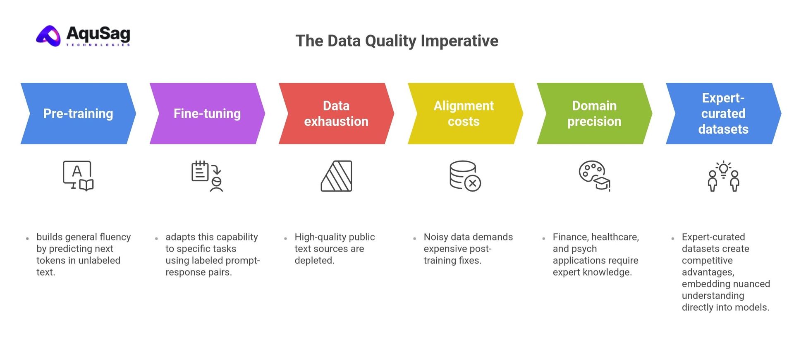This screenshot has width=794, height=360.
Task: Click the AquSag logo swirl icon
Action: (x=49, y=36)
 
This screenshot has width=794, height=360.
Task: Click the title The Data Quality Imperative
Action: (x=397, y=41)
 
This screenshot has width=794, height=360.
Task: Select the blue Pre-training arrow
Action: (x=78, y=113)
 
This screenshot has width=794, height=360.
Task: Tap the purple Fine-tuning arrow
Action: (x=207, y=113)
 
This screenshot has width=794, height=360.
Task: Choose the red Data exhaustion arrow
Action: (x=336, y=113)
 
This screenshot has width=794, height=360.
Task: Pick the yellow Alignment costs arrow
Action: (x=464, y=113)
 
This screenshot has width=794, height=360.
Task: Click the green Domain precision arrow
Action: (x=594, y=113)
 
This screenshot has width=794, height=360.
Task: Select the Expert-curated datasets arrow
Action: (x=723, y=113)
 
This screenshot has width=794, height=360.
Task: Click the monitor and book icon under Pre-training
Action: (x=78, y=176)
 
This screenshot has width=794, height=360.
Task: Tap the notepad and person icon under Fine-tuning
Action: (x=207, y=176)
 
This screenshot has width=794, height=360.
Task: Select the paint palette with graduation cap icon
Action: (x=594, y=176)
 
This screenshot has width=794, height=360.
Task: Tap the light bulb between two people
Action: (x=723, y=169)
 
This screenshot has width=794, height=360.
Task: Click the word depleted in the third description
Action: (x=314, y=261)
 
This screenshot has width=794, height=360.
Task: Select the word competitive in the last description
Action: (x=707, y=261)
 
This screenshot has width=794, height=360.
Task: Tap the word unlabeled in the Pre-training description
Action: (x=99, y=261)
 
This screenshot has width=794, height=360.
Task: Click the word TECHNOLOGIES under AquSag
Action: (x=98, y=45)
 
